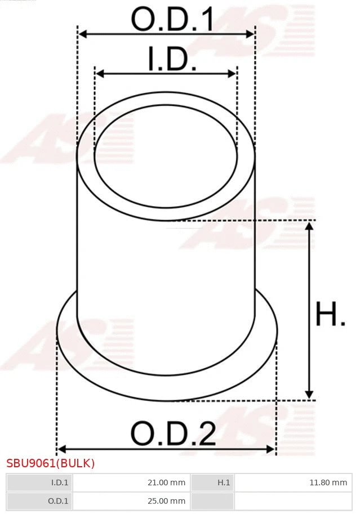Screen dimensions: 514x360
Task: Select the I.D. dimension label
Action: (x=172, y=60)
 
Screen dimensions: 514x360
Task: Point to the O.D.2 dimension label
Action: (x=173, y=434)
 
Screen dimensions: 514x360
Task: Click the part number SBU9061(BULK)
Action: (x=51, y=463)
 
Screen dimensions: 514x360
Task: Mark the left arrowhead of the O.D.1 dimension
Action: (x=82, y=34)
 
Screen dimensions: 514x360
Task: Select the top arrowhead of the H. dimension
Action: (x=309, y=226)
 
